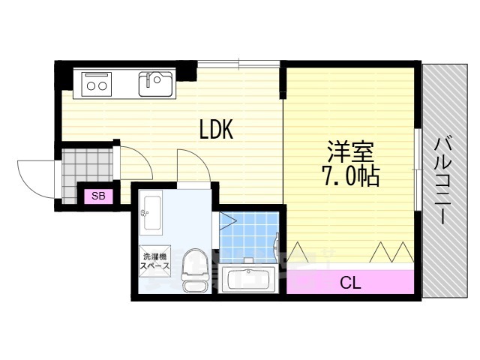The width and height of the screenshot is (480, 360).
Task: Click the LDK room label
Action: (x=217, y=129)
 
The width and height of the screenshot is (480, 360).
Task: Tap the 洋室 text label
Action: (x=350, y=151)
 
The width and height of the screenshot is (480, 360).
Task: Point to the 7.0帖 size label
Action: (x=350, y=176)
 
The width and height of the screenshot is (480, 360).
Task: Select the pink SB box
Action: (x=98, y=196)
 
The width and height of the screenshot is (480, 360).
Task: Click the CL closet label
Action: (x=350, y=283)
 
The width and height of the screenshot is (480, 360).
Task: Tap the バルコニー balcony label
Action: (x=442, y=181)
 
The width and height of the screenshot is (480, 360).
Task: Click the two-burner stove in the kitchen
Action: (x=97, y=85)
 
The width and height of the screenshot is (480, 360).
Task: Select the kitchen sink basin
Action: (x=155, y=84)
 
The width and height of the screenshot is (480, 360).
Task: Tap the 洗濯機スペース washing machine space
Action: (x=155, y=261)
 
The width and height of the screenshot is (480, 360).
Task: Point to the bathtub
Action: (x=248, y=278)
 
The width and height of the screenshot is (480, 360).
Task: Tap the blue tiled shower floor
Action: (x=248, y=235)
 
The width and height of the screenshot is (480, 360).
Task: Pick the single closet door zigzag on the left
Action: (x=296, y=252)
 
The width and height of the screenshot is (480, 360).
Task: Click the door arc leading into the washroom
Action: (x=201, y=159)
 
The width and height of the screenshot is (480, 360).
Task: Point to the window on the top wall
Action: (x=238, y=64)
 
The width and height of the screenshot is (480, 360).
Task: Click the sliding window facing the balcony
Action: (x=418, y=169)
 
